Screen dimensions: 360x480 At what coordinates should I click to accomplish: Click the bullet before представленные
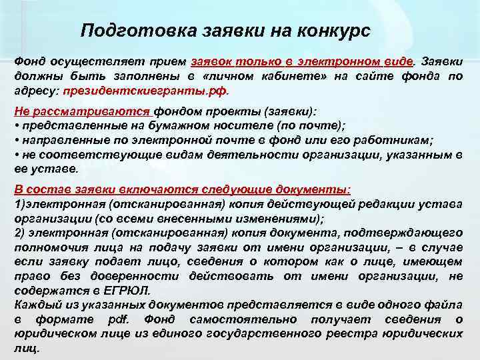click(x=16, y=125)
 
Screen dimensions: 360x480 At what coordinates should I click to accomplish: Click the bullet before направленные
click(x=16, y=140)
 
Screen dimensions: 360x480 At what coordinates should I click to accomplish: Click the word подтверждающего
click(x=410, y=233)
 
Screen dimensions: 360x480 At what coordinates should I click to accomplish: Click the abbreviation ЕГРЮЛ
click(x=129, y=291)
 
